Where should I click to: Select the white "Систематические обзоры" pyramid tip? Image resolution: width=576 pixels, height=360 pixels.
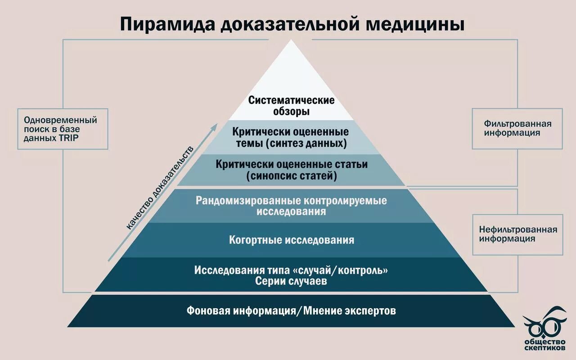pyautogui.click(x=292, y=105)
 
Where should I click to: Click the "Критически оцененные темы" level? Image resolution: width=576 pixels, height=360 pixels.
pyautogui.click(x=291, y=137)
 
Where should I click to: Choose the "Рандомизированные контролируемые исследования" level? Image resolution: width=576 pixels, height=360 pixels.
pyautogui.click(x=291, y=206)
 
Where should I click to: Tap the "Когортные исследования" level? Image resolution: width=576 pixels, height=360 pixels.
pyautogui.click(x=291, y=240)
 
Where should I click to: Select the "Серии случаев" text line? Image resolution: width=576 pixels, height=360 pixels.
pyautogui.click(x=291, y=282)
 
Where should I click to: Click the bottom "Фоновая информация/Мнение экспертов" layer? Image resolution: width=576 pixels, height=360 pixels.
pyautogui.click(x=291, y=310)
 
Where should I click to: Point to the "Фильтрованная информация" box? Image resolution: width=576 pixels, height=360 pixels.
pyautogui.click(x=517, y=128)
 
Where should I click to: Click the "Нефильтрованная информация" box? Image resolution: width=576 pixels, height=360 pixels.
pyautogui.click(x=517, y=234)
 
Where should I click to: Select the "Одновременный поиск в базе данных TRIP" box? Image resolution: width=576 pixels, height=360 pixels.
pyautogui.click(x=63, y=129)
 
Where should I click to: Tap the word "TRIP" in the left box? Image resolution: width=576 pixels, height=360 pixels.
pyautogui.click(x=68, y=138)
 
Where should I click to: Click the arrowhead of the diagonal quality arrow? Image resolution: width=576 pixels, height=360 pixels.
pyautogui.click(x=215, y=126)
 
